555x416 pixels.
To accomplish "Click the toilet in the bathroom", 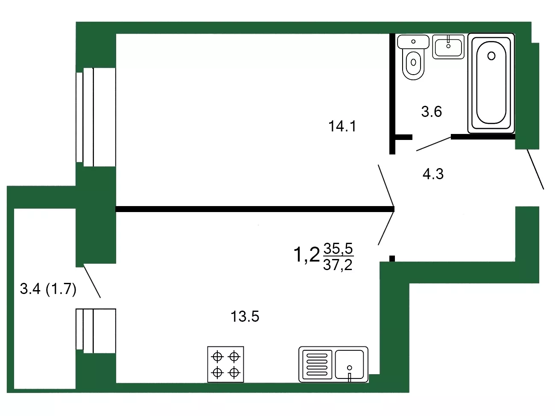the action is [x=413, y=57].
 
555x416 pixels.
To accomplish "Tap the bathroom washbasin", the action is [x=448, y=47].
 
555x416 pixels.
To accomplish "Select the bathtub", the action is [x=491, y=83].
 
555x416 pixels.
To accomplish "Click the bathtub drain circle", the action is [x=491, y=56].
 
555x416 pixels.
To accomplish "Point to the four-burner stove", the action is [x=225, y=364].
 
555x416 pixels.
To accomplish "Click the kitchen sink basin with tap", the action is [x=349, y=364].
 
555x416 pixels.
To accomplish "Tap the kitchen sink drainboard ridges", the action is [x=317, y=364].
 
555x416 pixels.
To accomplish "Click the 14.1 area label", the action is [x=342, y=126].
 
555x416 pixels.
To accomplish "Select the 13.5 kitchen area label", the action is [x=245, y=317].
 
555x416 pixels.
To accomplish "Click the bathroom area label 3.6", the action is [x=432, y=111].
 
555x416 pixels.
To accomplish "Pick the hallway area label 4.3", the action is [x=433, y=174].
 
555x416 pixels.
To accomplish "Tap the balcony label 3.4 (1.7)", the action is [x=48, y=289].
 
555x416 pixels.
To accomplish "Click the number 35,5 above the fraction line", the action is [x=338, y=248].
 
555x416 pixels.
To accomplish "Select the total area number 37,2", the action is [x=338, y=265].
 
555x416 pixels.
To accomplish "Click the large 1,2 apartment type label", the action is [x=307, y=255].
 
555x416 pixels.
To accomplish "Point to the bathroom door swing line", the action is [x=434, y=144].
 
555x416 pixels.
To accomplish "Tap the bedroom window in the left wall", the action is [x=96, y=117].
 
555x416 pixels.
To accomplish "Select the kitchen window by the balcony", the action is [x=96, y=331].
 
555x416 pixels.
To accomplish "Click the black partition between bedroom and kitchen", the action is [x=255, y=209].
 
